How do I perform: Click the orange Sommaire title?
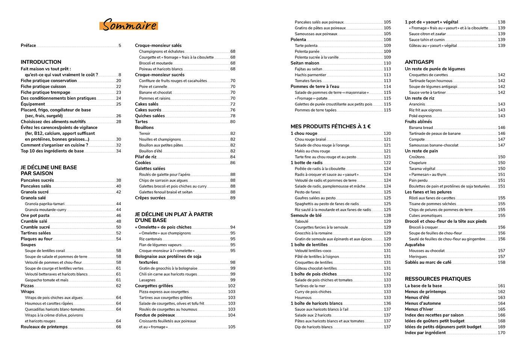pyautogui.click(x=129, y=25)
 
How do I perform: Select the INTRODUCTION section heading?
pyautogui.click(x=41, y=62)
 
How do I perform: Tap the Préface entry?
pyautogui.click(x=29, y=45)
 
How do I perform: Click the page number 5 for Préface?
pyautogui.click(x=120, y=45)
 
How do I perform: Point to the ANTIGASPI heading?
pyautogui.click(x=419, y=62)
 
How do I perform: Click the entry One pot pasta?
pyautogui.click(x=35, y=216)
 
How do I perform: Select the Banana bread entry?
pyautogui.click(x=421, y=128)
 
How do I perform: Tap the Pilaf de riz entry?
pyautogui.click(x=146, y=157)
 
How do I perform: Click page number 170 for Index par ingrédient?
pyautogui.click(x=501, y=333)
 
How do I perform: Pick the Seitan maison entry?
pyautogui.click(x=305, y=63)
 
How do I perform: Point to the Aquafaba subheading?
pyautogui.click(x=415, y=245)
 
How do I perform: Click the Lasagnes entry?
pyautogui.click(x=147, y=280)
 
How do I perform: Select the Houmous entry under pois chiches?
pyautogui.click(x=303, y=298)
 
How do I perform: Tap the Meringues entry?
pyautogui.click(x=418, y=257)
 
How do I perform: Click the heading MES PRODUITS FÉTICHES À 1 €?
pyautogui.click(x=331, y=127)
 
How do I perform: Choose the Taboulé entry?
pyautogui.click(x=301, y=222)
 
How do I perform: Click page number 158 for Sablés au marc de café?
pyautogui.click(x=501, y=262)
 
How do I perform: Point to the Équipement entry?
pyautogui.click(x=33, y=104)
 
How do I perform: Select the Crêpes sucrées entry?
pyautogui.click(x=150, y=198)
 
